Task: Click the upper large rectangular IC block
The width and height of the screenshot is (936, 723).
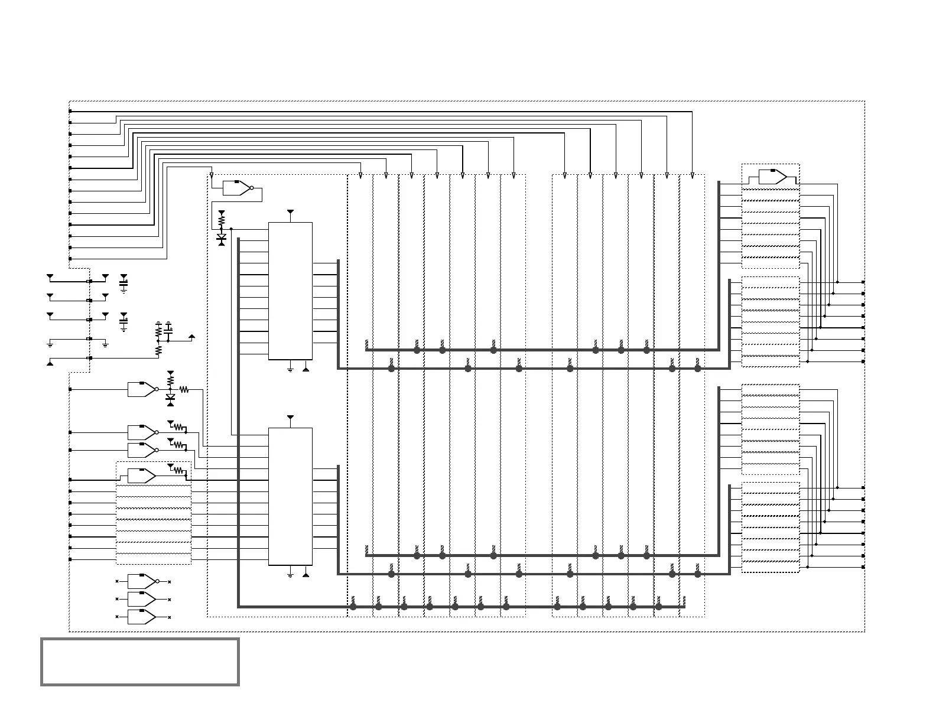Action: (290, 291)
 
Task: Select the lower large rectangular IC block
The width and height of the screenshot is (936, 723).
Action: (290, 496)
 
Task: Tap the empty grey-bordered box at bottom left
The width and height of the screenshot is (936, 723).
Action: (140, 662)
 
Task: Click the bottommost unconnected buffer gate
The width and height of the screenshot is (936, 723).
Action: (142, 617)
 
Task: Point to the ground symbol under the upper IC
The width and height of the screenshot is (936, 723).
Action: (290, 370)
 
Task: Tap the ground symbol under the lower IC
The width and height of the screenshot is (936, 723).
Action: (290, 575)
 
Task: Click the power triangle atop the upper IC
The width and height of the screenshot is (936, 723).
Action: (290, 211)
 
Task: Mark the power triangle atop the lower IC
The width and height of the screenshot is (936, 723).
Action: (290, 418)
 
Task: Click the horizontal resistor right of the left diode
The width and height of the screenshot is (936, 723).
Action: (184, 389)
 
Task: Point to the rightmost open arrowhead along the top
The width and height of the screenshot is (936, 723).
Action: (693, 175)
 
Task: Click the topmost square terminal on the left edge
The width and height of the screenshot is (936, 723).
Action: (70, 111)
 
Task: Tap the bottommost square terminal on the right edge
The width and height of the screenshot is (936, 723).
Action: (863, 567)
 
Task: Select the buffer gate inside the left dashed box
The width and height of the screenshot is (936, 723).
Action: (142, 475)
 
